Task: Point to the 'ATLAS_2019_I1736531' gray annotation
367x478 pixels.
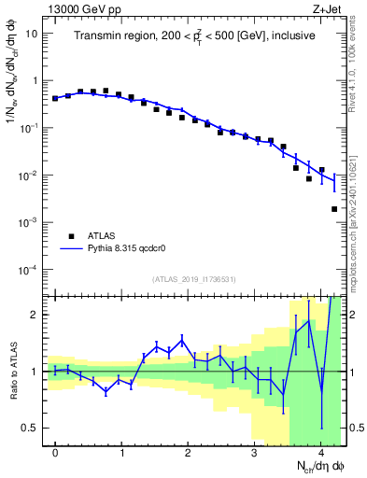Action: click(x=195, y=279)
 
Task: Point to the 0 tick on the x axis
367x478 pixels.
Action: click(x=55, y=452)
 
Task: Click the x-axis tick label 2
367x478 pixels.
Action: click(x=188, y=452)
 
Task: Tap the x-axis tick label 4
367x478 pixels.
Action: click(x=320, y=452)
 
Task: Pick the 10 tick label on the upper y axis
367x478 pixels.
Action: click(x=32, y=33)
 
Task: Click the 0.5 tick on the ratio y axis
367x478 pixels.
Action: click(x=31, y=428)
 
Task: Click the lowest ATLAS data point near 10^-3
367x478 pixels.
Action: click(x=334, y=209)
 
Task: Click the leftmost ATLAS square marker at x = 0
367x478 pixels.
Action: click(x=55, y=98)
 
